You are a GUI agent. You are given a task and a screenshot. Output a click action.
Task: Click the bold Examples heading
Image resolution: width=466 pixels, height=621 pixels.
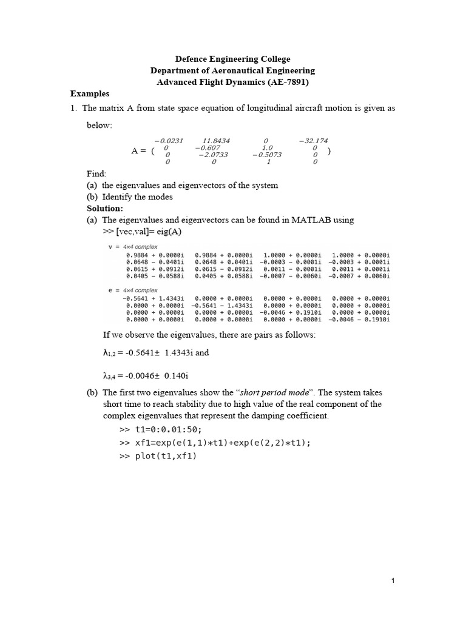(90, 93)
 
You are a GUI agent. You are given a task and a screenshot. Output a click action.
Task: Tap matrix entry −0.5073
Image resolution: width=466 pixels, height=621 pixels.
(266, 155)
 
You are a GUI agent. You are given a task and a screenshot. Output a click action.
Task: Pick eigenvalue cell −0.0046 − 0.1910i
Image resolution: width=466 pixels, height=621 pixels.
(359, 319)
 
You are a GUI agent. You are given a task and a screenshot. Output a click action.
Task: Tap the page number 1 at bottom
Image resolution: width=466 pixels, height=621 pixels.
(393, 580)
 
